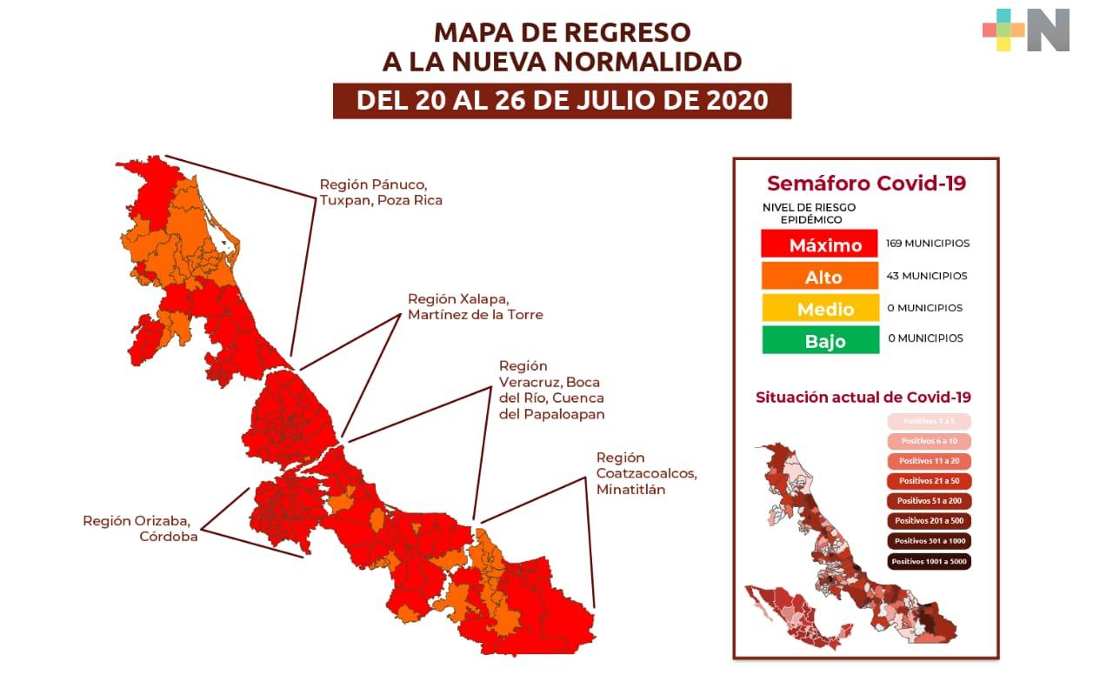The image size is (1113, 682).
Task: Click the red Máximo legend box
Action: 820,244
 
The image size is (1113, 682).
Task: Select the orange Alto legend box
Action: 820,277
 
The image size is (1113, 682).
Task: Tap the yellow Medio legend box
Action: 820,308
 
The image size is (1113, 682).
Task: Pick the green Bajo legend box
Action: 820,340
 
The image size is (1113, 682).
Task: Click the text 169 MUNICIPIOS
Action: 928,244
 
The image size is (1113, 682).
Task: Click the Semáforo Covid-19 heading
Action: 866,184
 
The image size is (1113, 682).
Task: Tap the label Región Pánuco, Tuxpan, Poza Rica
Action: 381,192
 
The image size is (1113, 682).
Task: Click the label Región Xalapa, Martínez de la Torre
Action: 475,307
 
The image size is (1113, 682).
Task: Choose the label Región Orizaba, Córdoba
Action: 141,529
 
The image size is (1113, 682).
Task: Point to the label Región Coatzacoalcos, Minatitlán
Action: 646,473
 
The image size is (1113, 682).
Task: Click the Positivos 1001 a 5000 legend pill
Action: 929,561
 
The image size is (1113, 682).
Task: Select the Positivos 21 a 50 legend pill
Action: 929,481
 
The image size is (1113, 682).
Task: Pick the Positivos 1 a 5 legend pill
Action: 929,421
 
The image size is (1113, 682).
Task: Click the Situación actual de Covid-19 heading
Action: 863,398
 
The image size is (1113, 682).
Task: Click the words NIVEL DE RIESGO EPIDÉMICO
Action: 809,214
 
